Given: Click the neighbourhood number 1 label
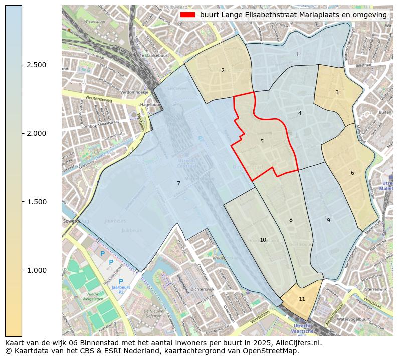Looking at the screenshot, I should tap(297, 54).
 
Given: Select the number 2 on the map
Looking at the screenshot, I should tap(223, 70).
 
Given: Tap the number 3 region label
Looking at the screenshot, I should tap(337, 92).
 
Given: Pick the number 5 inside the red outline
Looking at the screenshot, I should tap(262, 142).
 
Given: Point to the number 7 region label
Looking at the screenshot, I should tap(178, 184).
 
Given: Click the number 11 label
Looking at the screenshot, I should tap(302, 299).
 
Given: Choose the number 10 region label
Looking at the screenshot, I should tap(263, 240).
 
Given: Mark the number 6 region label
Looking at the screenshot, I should tap(352, 173).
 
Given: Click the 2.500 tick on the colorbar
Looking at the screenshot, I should tap(37, 65).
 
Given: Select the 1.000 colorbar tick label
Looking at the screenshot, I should tap(37, 270).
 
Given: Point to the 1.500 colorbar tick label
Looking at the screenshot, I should tap(37, 202).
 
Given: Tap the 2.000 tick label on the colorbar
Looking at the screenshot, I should tap(37, 133).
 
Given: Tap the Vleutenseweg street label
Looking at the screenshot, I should tap(98, 99).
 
